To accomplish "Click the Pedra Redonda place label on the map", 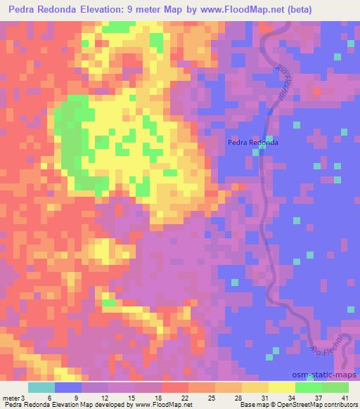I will point(252,142).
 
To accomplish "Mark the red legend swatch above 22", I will point(172,387).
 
